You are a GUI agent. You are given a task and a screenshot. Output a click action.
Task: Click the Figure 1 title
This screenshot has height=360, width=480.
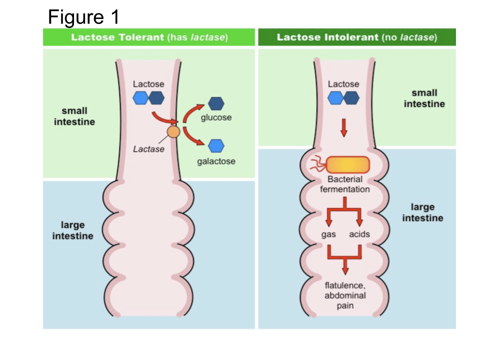[x=83, y=17]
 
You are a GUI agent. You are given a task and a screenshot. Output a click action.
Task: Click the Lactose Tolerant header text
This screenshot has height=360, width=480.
[x=149, y=37]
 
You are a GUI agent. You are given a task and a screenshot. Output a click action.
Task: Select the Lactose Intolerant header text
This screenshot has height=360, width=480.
[x=356, y=37]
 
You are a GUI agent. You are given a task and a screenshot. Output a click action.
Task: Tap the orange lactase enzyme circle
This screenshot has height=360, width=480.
[x=173, y=132]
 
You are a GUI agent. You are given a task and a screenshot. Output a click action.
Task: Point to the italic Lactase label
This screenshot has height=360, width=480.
[x=148, y=149]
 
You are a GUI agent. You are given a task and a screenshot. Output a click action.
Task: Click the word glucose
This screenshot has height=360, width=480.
[x=216, y=117]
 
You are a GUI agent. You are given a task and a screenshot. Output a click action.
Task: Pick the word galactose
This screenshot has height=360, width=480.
[x=216, y=161]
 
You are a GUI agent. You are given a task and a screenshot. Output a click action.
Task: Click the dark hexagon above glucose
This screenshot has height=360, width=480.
[x=216, y=103]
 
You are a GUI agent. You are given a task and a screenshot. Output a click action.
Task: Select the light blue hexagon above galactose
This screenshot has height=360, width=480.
[x=216, y=145]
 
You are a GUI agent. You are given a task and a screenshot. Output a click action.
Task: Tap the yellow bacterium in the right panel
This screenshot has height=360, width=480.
[x=348, y=164]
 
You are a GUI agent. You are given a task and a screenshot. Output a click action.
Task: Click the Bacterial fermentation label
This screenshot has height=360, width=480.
[x=344, y=184]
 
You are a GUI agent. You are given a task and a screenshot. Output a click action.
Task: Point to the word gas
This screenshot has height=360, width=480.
[x=328, y=234]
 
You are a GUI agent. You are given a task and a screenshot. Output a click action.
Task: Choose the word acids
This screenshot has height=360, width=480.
[x=359, y=234]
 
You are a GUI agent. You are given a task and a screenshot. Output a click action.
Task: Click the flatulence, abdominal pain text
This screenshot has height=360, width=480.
[x=345, y=295]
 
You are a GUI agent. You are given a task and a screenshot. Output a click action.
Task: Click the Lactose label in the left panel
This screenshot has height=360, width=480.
[x=148, y=84]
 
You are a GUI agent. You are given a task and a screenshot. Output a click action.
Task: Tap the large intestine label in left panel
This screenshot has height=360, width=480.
[x=73, y=230]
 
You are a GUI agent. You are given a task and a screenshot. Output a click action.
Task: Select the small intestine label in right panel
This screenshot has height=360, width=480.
[x=424, y=98]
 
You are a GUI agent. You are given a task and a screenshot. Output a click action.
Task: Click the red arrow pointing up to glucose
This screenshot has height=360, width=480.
[x=192, y=112]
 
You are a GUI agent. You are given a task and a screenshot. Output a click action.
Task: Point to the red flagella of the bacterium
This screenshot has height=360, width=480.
[x=317, y=164]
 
